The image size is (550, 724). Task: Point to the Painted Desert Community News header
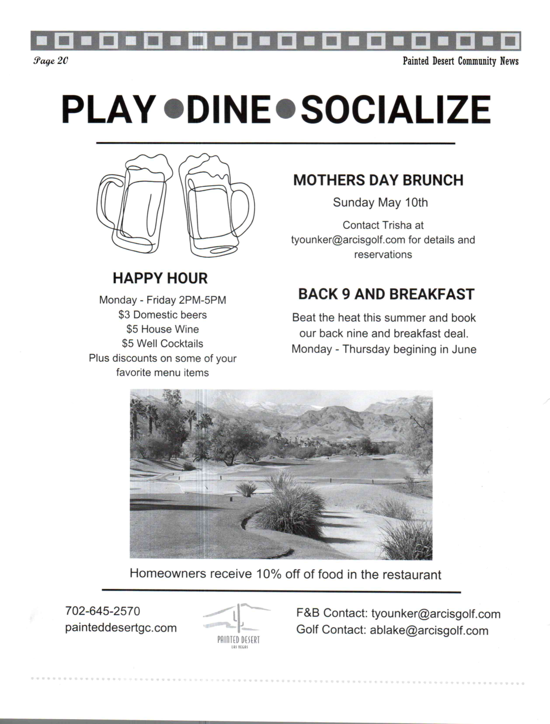(x=460, y=61)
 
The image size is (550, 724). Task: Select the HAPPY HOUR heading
(x=160, y=278)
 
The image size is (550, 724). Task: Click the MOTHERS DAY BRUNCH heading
(x=378, y=180)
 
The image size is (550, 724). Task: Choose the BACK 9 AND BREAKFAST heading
(x=386, y=294)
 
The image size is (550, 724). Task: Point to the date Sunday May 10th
(x=381, y=202)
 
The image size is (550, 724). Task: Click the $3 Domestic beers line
(x=163, y=315)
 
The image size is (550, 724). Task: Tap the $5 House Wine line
(x=163, y=329)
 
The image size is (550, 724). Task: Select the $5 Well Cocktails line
(x=163, y=343)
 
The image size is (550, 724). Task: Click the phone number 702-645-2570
(x=103, y=611)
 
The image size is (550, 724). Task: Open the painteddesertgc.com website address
(x=121, y=628)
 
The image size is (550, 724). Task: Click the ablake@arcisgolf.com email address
(x=429, y=630)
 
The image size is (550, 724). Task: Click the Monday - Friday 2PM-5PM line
(x=163, y=300)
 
